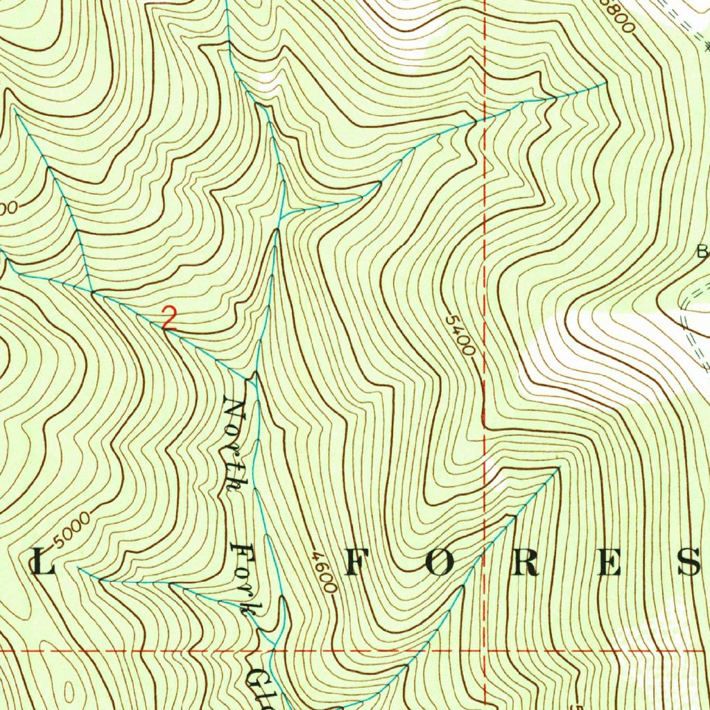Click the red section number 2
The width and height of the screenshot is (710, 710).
tap(169, 318)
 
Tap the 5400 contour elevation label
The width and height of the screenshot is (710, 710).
tap(460, 336)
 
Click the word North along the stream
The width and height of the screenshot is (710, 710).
tap(236, 444)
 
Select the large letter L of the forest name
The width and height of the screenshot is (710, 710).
tap(42, 564)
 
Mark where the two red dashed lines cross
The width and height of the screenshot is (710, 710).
tap(484, 651)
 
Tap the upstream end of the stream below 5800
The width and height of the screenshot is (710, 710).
tap(606, 83)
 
